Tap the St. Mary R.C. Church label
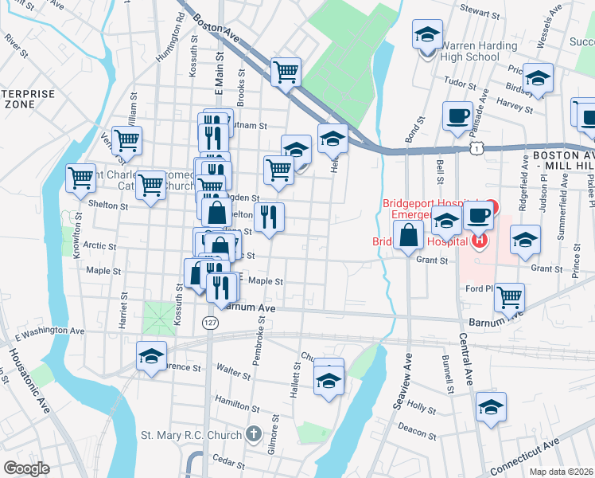(x=191, y=435)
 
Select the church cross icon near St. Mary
(x=253, y=434)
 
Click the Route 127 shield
(x=209, y=323)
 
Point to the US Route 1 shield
(x=475, y=148)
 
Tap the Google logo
(x=26, y=468)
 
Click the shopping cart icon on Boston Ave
(x=286, y=72)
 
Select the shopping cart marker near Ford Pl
(x=509, y=297)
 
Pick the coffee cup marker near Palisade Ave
(x=457, y=116)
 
